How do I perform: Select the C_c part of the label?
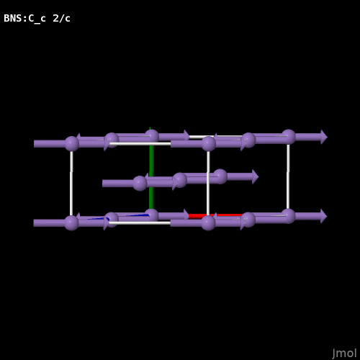pyautogui.click(x=37, y=19)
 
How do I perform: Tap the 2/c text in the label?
pyautogui.click(x=61, y=18)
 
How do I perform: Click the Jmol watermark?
pyautogui.click(x=344, y=354)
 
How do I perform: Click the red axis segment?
pyautogui.click(x=215, y=216)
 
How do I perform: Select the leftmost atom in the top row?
pyautogui.click(x=72, y=143)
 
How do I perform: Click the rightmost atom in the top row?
pyautogui.click(x=289, y=137)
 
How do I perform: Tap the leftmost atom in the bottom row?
pyautogui.click(x=71, y=223)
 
